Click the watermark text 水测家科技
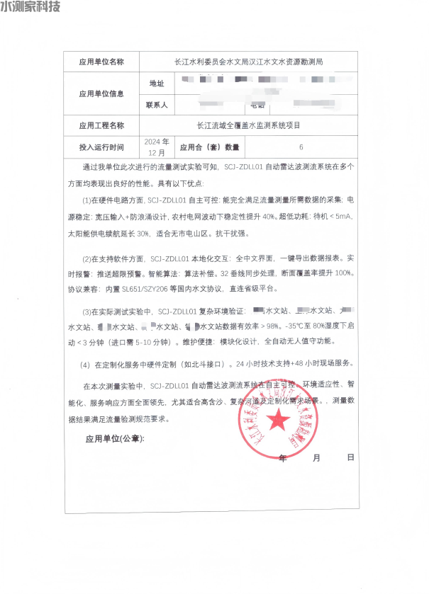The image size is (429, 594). point(30,7)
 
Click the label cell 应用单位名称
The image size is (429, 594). point(101,62)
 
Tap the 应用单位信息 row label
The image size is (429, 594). point(101,93)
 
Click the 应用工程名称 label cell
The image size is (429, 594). point(101,125)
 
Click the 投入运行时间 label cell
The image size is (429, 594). point(101,147)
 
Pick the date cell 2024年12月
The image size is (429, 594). point(156,147)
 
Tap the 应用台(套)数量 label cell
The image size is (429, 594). point(210,147)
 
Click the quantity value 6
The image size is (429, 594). point(301,147)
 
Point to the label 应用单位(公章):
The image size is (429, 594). point(114,439)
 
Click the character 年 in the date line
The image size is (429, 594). point(283,458)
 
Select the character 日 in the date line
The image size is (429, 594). point(350,458)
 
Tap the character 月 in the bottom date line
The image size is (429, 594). point(316,458)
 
